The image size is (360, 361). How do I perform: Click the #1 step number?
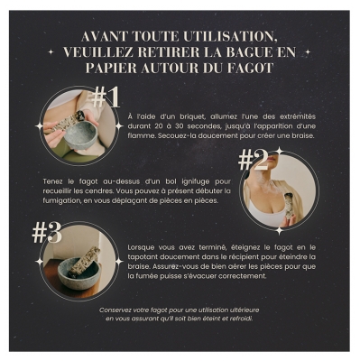106,97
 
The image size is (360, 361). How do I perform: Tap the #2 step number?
253,160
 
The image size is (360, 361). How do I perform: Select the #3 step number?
47,233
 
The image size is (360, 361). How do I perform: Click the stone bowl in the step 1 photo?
80,135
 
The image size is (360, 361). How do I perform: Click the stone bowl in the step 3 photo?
79,274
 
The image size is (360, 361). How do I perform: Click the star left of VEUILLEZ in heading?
51,52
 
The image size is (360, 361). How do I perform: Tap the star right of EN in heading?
308,52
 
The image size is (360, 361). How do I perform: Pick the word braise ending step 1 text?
303,135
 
